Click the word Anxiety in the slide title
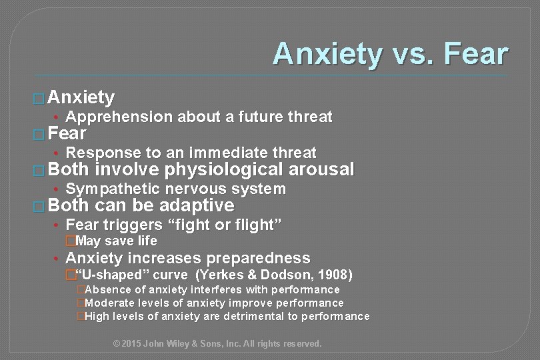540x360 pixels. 325,53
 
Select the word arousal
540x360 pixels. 317,170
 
